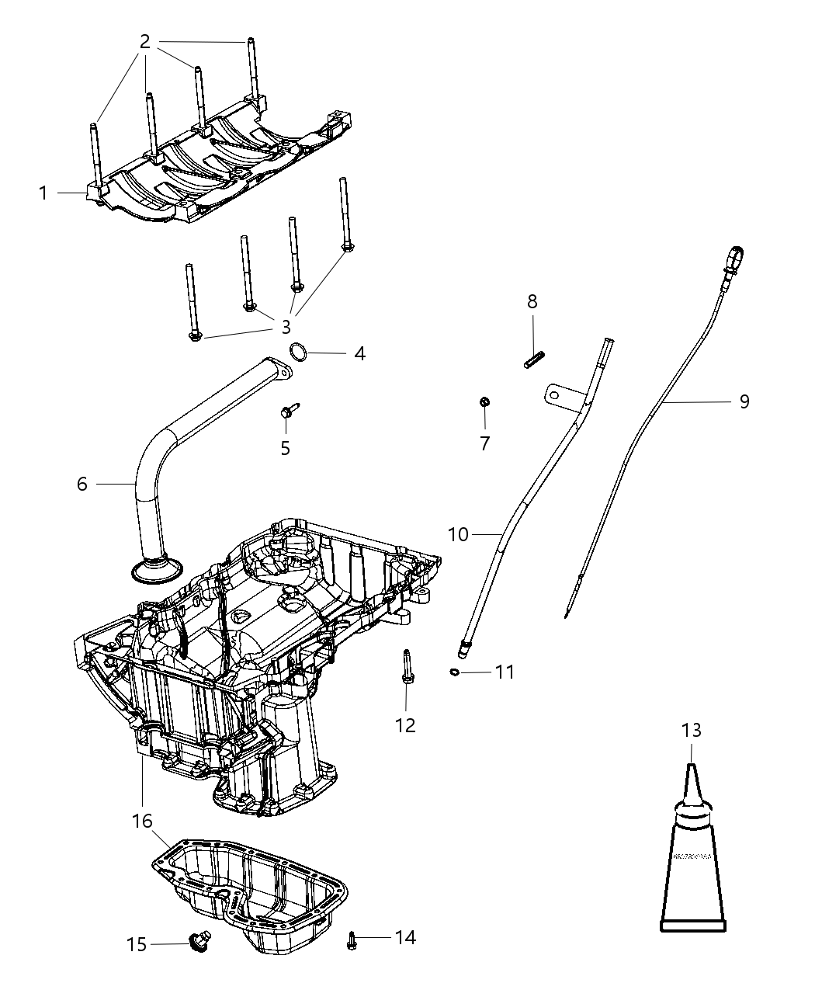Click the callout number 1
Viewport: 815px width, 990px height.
point(44,192)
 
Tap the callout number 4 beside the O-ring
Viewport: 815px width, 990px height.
point(359,353)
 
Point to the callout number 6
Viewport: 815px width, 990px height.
point(82,484)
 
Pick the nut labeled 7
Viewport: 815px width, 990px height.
point(484,402)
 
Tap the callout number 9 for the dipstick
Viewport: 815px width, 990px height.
point(744,401)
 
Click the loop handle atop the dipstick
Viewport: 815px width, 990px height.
point(736,255)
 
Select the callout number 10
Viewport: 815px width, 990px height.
point(459,534)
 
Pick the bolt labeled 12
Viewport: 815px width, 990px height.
point(406,668)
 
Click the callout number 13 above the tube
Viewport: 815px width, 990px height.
point(691,730)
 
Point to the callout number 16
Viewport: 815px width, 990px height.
point(143,821)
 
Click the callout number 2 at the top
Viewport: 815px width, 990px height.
point(144,42)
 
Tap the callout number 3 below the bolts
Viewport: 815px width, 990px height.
point(286,327)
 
